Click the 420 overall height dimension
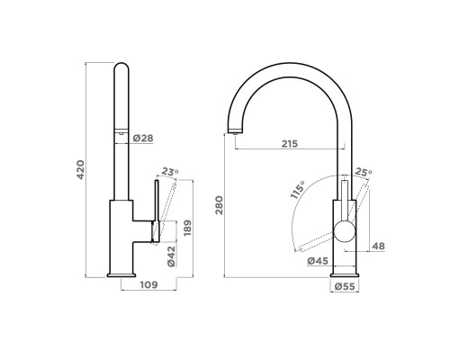pos(81,170)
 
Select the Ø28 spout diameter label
pos(143,139)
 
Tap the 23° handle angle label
pos(170,172)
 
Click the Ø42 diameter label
pos(171,256)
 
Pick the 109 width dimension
pos(148,284)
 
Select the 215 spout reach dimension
pos(290,144)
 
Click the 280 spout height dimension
pos(220,205)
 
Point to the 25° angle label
pos(364,172)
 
